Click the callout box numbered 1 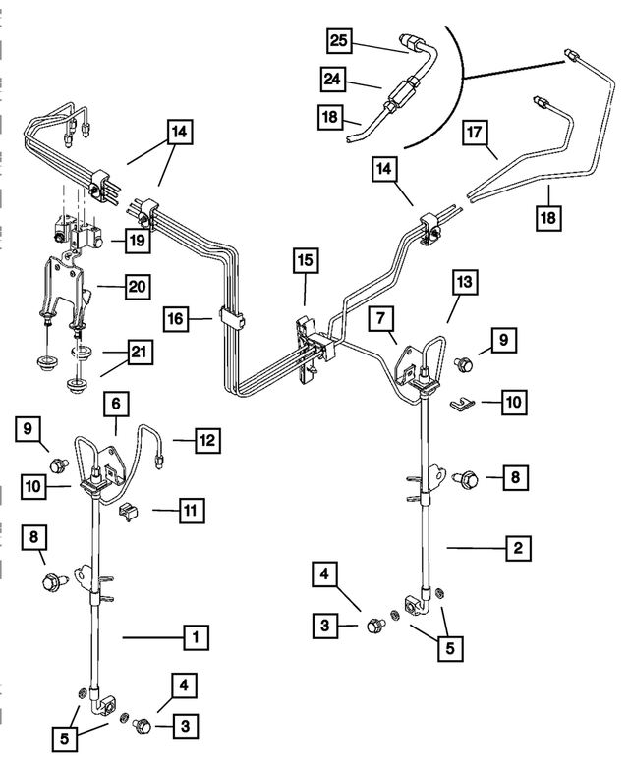pyautogui.click(x=196, y=637)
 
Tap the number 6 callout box pyautogui.click(x=115, y=403)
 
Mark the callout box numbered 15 pyautogui.click(x=305, y=260)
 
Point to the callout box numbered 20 pyautogui.click(x=136, y=289)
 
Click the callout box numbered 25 pyautogui.click(x=339, y=40)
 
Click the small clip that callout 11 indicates pyautogui.click(x=127, y=511)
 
